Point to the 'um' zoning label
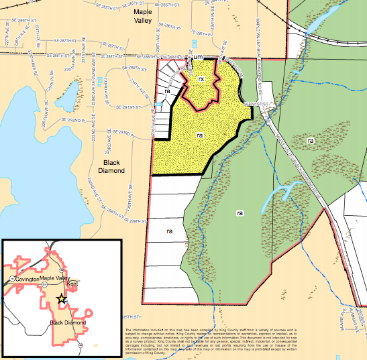[x=197, y=58]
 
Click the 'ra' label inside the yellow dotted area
[x=199, y=135]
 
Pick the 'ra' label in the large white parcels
[x=170, y=230]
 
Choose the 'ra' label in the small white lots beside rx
[x=168, y=89]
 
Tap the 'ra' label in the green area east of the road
[x=310, y=141]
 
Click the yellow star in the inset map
[x=61, y=299]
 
